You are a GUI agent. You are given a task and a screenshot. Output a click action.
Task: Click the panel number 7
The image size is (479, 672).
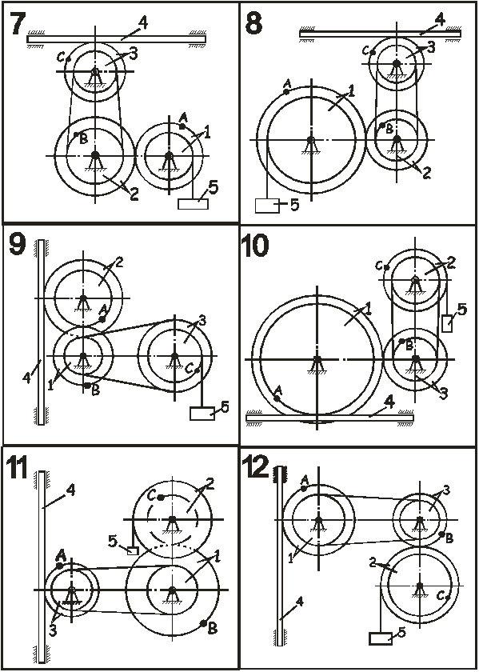(17, 22)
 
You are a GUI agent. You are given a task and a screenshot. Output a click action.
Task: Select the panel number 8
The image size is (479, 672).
(253, 22)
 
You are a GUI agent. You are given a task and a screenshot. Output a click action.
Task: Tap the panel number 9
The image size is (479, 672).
(17, 245)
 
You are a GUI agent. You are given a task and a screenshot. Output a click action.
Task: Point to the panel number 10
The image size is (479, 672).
(255, 246)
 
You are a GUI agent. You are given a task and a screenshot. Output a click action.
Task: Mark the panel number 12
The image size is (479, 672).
(255, 466)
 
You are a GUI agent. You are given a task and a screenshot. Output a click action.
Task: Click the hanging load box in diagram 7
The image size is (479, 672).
(194, 204)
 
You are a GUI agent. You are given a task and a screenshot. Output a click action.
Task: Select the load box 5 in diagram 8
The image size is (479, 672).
(267, 206)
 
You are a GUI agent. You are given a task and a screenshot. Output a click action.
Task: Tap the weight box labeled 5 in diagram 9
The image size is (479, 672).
(202, 413)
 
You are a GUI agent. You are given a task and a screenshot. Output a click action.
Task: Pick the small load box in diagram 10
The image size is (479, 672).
(447, 322)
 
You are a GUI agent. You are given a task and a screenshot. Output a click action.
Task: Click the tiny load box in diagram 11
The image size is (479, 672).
(134, 550)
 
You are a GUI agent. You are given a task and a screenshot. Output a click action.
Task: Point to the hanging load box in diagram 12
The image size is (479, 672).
(381, 638)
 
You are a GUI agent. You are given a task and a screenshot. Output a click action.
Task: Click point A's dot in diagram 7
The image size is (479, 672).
(182, 126)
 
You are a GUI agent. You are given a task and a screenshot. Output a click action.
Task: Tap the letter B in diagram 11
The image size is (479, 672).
(212, 628)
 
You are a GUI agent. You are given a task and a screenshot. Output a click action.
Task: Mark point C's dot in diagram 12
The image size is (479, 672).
(448, 597)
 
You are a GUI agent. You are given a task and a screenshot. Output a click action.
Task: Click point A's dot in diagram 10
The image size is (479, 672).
(277, 398)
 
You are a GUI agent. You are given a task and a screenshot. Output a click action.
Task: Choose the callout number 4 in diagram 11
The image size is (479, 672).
(71, 490)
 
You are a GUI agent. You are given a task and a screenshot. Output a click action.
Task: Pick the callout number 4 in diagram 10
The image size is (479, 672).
(389, 402)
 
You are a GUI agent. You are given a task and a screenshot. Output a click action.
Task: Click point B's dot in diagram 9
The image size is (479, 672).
(87, 386)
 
